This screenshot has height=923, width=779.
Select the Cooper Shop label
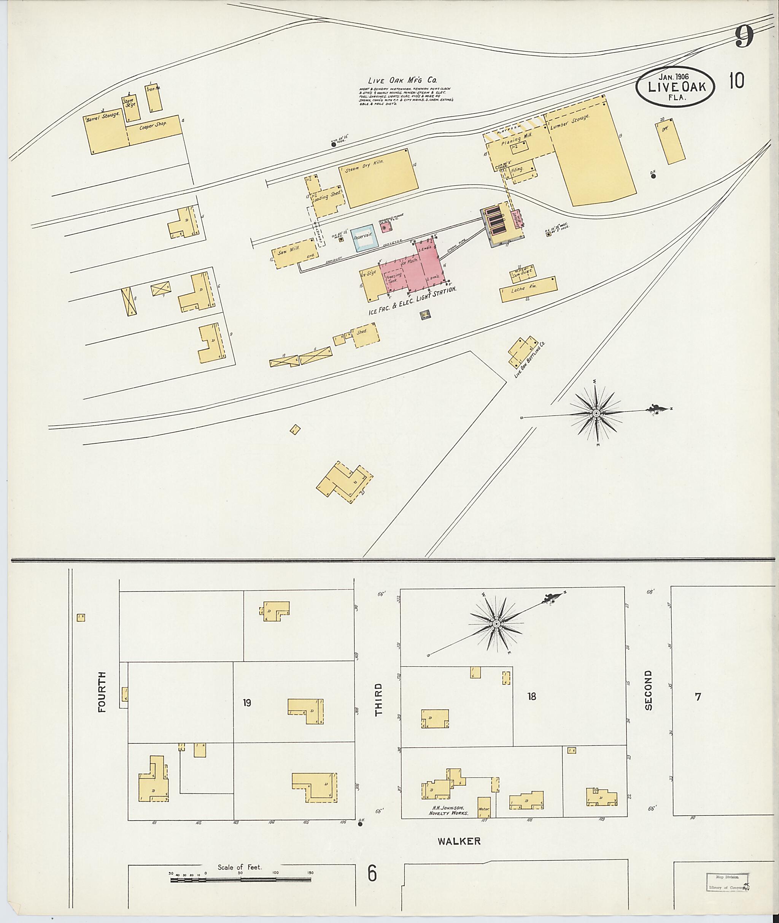click(x=153, y=126)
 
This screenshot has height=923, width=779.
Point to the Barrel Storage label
click(x=103, y=116)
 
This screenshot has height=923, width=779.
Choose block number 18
click(x=531, y=696)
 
